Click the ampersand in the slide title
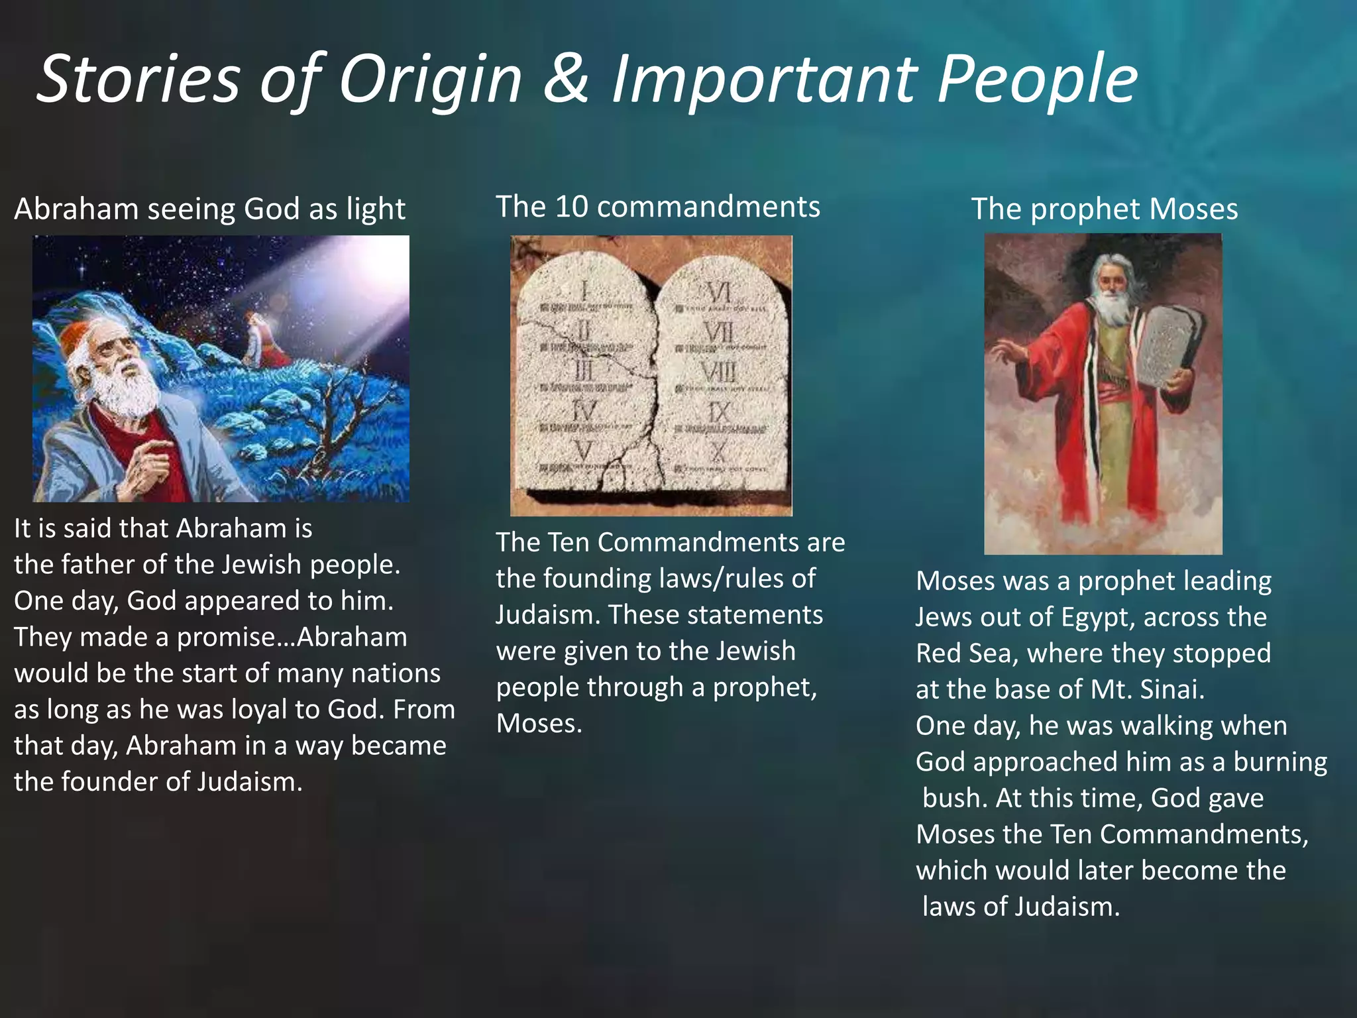point(565,80)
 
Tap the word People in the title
point(1037,80)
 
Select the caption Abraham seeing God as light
point(209,209)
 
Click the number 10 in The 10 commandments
point(571,207)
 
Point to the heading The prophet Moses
point(1104,209)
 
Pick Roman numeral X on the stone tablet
point(718,452)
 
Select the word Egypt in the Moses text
point(1098,617)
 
